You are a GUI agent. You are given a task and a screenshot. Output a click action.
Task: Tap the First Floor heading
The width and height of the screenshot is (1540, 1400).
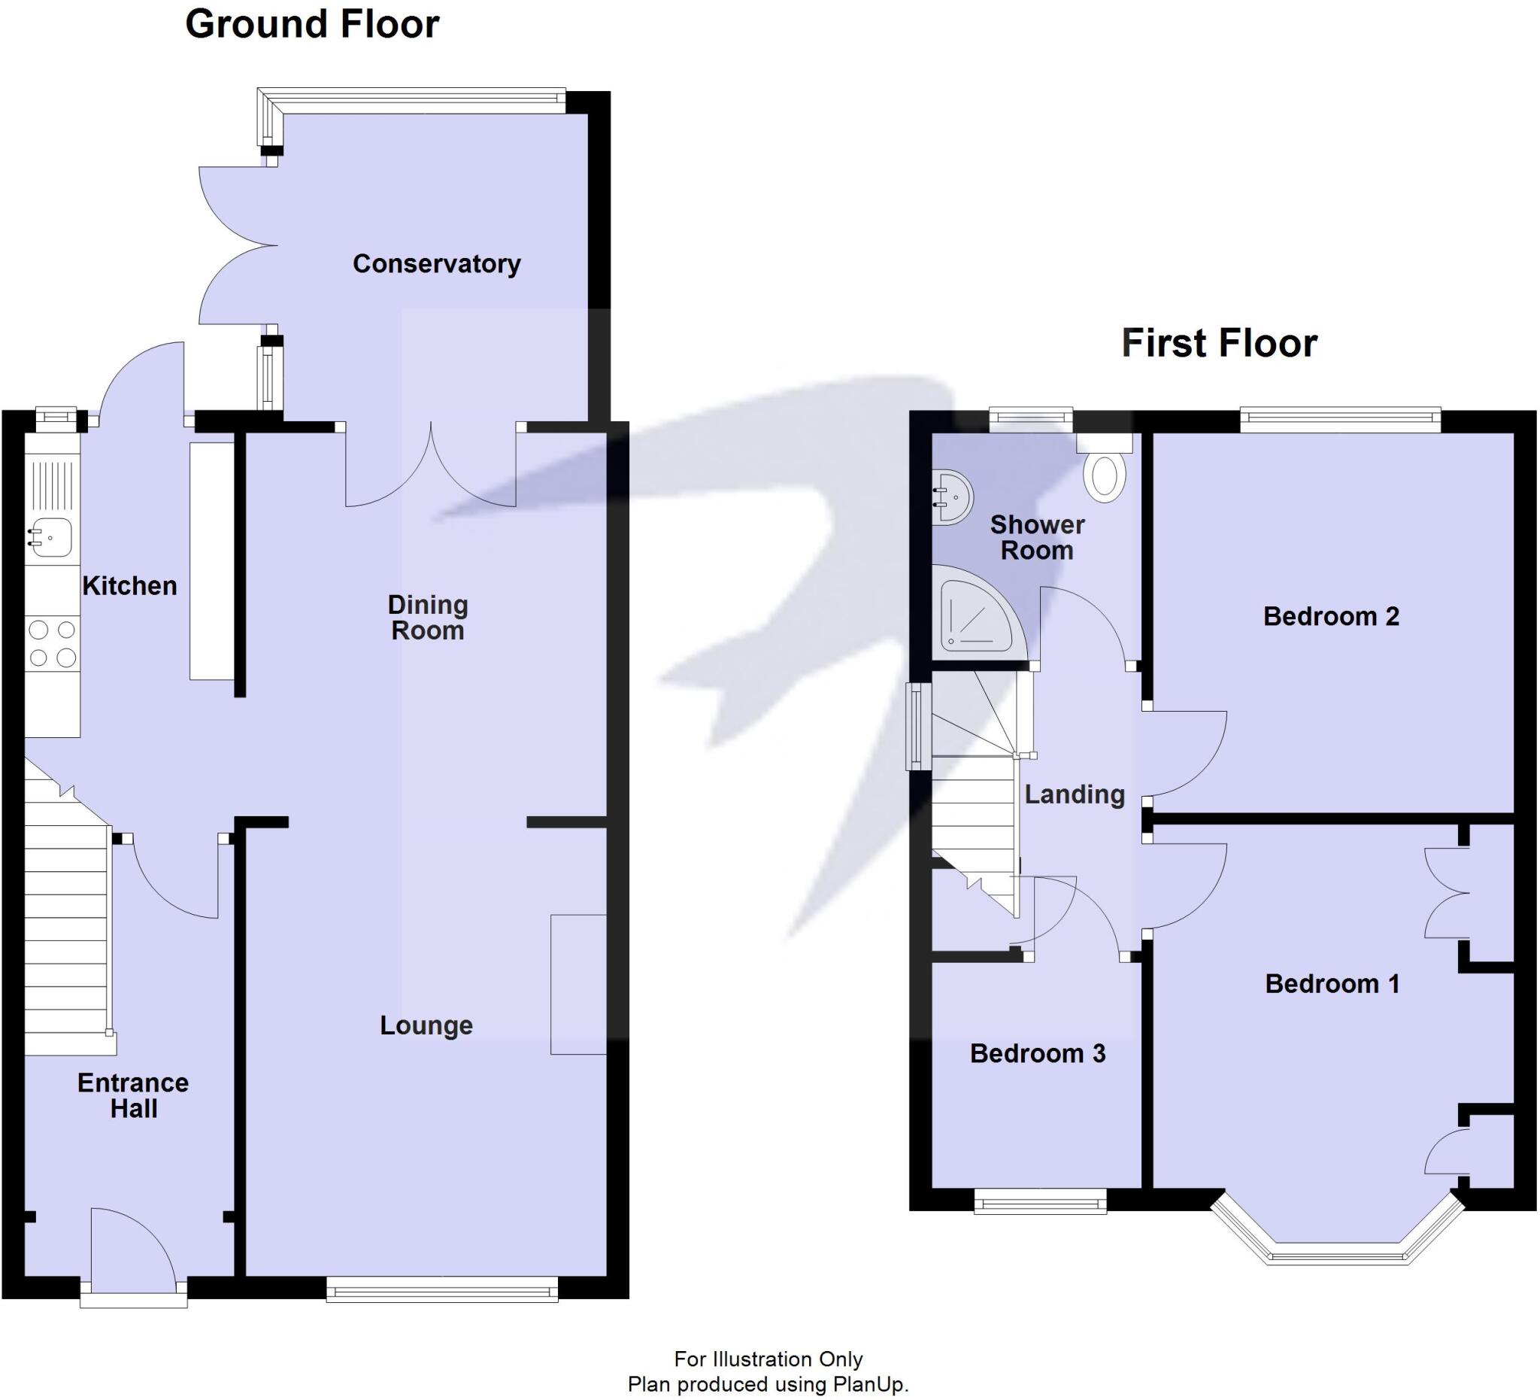click(1218, 343)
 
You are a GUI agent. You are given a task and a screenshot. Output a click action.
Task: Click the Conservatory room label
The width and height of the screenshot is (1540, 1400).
click(436, 263)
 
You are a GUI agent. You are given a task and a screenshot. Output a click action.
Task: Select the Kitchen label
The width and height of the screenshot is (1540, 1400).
click(129, 586)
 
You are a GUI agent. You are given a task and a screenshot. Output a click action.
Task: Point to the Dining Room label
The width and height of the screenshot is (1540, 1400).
click(427, 618)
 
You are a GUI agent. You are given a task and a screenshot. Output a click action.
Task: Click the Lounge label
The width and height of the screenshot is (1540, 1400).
click(426, 1025)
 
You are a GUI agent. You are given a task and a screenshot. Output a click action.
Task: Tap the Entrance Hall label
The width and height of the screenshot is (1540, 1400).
click(133, 1095)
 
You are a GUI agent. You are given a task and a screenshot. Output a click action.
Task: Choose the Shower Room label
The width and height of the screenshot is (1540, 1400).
click(1037, 537)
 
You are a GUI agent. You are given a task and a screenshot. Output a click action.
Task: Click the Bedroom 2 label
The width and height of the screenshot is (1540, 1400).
click(1331, 616)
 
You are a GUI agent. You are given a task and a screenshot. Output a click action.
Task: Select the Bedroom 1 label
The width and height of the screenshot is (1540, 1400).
click(1332, 983)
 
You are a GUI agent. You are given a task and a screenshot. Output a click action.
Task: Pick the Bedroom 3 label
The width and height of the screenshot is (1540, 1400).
click(1038, 1054)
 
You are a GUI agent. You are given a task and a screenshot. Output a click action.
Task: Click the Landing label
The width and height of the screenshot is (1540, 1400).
click(1074, 794)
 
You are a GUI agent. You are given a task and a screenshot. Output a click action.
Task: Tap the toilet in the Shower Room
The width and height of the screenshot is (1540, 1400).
click(1105, 474)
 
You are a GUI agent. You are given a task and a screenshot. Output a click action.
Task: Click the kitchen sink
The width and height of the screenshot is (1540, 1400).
click(50, 537)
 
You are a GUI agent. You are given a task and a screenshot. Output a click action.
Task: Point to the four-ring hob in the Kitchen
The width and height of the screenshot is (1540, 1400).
click(52, 643)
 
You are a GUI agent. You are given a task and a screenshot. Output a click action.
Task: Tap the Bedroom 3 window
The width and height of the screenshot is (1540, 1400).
click(1040, 1201)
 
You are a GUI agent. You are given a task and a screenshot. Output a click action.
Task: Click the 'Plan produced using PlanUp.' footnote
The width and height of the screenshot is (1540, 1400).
click(768, 1384)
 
